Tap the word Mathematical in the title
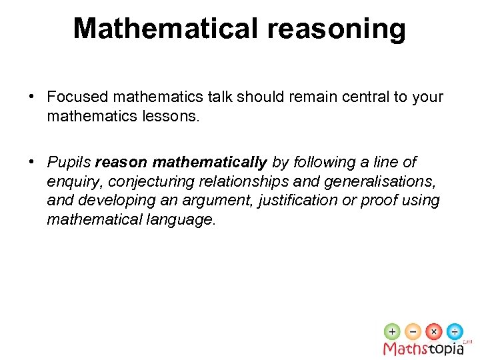coord(165,29)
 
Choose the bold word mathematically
coord(209,163)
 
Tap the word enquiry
coord(74,181)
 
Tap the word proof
coord(379,201)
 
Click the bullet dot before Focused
coord(32,97)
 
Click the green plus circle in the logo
coord(392,331)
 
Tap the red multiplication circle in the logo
coord(434,331)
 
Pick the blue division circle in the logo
coord(455,331)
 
